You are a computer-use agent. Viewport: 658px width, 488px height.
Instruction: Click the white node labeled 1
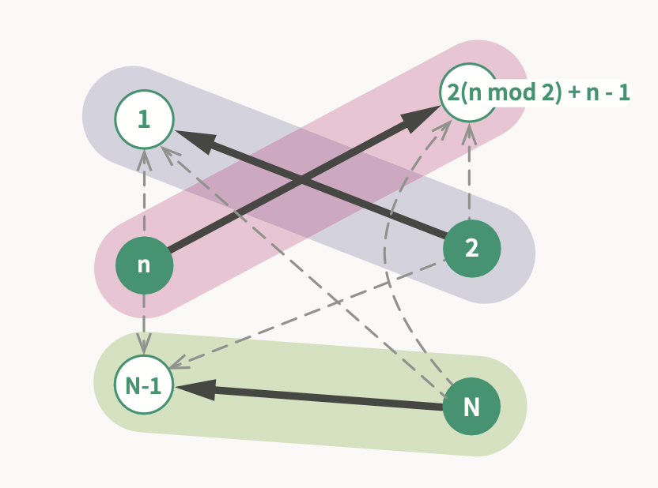[x=144, y=120]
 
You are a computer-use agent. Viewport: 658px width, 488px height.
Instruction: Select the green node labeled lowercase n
[x=144, y=265]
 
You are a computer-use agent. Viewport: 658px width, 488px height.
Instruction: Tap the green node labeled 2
[x=471, y=249]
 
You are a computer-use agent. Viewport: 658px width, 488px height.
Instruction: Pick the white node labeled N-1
[x=144, y=385]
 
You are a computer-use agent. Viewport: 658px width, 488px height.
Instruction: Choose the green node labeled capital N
[x=471, y=407]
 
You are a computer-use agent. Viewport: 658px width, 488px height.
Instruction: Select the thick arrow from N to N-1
[x=316, y=397]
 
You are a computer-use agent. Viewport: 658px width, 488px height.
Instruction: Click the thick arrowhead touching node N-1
[x=195, y=389]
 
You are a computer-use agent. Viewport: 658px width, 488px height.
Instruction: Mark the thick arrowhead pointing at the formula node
[x=419, y=119]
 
